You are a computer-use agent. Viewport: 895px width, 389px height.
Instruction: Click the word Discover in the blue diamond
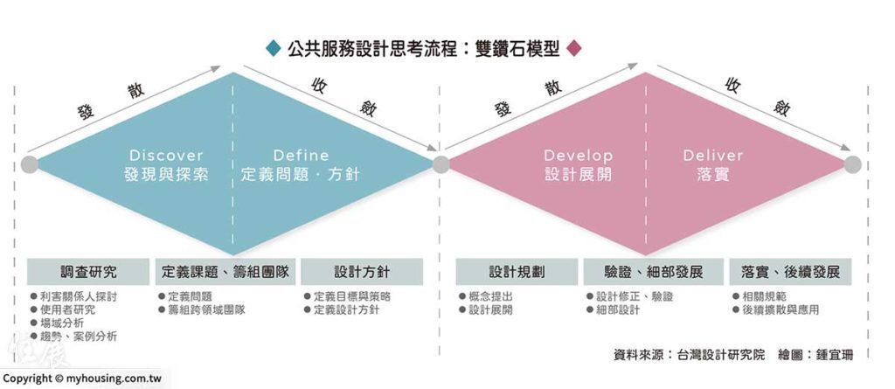tap(166, 156)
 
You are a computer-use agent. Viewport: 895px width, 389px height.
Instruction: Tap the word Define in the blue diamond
tap(301, 156)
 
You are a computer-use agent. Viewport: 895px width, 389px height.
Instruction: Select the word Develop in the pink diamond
tap(579, 156)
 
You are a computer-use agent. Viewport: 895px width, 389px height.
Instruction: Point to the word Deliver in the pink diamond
tap(713, 156)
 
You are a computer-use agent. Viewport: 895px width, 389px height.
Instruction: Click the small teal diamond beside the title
tap(274, 49)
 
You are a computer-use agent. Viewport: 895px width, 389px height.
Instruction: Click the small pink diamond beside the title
tap(573, 49)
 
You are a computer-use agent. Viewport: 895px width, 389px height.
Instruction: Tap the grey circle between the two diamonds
tap(441, 164)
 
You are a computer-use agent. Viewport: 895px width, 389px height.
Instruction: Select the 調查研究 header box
tap(88, 272)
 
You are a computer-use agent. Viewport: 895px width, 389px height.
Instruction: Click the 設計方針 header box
tap(362, 272)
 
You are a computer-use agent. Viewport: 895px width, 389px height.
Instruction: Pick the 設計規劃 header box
tap(517, 272)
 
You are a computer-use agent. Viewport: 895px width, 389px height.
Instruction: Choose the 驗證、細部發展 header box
tap(653, 272)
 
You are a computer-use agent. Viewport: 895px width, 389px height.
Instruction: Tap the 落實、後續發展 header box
tap(790, 272)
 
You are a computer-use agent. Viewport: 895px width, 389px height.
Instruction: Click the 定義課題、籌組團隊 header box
tap(225, 272)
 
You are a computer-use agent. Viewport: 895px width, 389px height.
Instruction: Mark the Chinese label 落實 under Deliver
tap(713, 174)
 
